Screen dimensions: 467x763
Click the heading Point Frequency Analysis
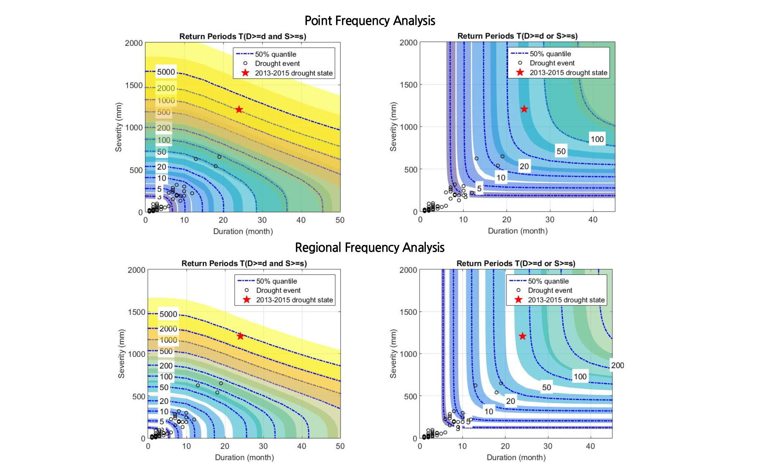(x=370, y=21)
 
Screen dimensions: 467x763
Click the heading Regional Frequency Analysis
(x=370, y=248)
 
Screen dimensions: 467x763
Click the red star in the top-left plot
(x=239, y=110)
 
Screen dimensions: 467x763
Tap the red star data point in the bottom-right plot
(x=522, y=336)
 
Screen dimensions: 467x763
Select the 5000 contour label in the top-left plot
(x=166, y=72)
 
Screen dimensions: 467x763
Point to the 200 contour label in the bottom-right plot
(x=617, y=365)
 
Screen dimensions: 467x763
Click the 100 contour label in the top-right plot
(x=597, y=139)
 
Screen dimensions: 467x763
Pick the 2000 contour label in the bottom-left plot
(x=168, y=329)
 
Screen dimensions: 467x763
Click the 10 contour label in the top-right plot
(x=500, y=178)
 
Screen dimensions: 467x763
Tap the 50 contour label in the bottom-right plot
(x=546, y=387)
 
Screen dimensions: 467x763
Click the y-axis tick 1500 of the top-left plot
(x=134, y=85)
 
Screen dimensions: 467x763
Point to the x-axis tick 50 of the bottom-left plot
(x=340, y=446)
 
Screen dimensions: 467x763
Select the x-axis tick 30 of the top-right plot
(x=550, y=220)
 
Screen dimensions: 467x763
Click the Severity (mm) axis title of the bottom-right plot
(x=393, y=354)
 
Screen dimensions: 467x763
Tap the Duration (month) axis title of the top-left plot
(x=243, y=231)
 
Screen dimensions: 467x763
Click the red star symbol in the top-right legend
(x=520, y=72)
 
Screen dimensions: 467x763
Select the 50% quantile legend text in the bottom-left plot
(x=277, y=281)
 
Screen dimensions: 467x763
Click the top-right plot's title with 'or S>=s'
(x=517, y=36)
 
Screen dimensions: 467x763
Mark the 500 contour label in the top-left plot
(x=164, y=112)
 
